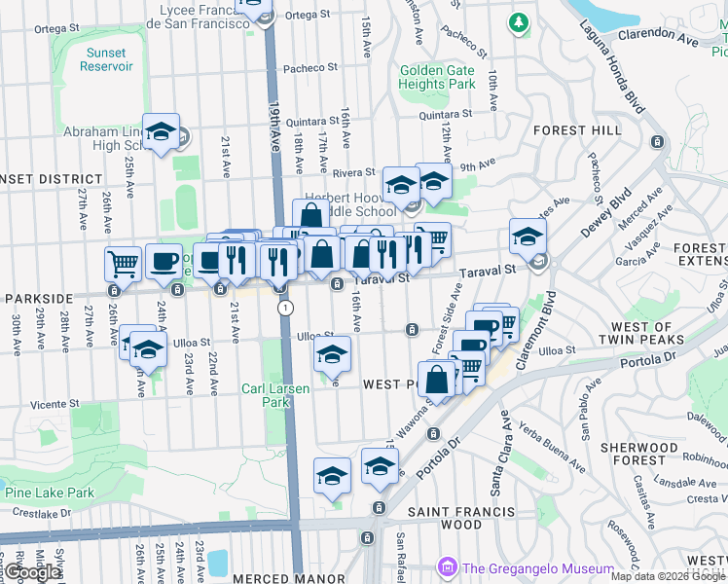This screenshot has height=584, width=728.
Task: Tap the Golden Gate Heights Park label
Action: click(437, 77)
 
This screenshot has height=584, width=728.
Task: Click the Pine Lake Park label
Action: click(49, 493)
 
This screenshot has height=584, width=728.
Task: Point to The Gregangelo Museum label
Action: click(537, 568)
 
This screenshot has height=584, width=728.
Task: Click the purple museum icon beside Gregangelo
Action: click(448, 566)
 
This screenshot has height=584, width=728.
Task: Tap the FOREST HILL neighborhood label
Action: click(574, 129)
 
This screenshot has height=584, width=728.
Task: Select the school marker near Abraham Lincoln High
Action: click(161, 131)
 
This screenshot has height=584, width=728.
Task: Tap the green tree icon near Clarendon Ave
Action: click(520, 21)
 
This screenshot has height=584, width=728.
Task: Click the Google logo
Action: click(32, 572)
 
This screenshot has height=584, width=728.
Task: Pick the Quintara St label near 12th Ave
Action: click(445, 114)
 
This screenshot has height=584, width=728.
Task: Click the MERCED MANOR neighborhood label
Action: click(303, 578)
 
